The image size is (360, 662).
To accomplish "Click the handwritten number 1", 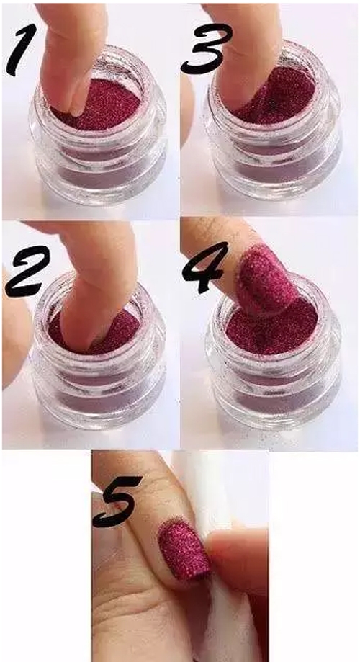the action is (x=21, y=50).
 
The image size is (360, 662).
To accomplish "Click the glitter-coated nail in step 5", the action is (x=184, y=550).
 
